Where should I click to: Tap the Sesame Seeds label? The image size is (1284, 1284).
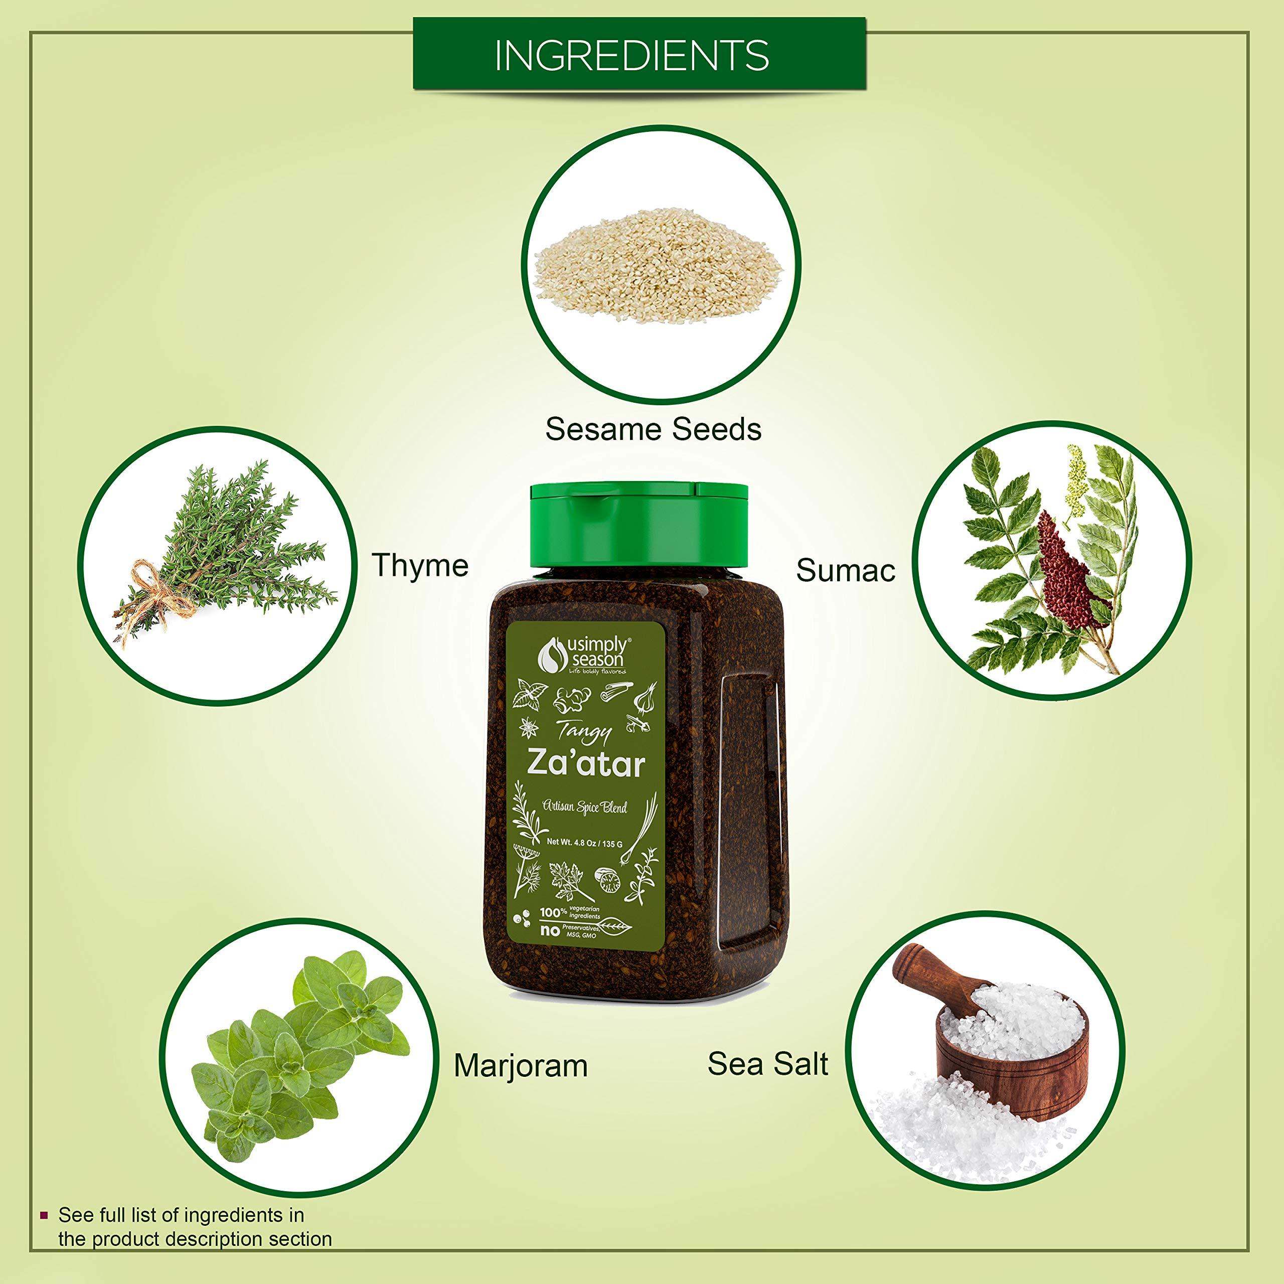tap(654, 429)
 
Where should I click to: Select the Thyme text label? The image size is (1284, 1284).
tap(420, 566)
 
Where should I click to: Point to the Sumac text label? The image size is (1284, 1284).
tap(845, 570)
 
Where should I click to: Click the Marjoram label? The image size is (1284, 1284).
tap(521, 1066)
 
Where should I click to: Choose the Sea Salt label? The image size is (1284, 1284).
tap(767, 1064)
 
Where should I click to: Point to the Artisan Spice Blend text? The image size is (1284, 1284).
tap(585, 808)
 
